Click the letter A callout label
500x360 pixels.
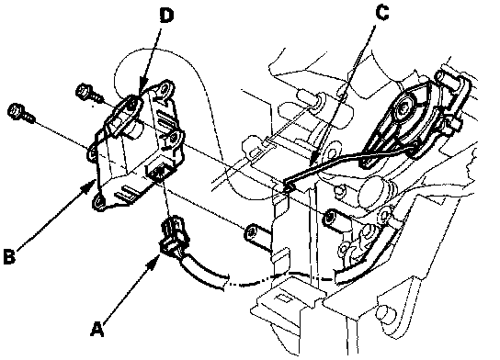pos(97,329)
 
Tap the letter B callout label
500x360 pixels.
pos(9,256)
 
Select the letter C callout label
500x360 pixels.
pos(382,13)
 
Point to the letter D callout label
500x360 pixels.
pos(166,16)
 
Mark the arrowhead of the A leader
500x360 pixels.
pos(154,260)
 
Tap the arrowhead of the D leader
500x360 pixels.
pos(141,90)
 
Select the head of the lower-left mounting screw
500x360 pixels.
pos(15,111)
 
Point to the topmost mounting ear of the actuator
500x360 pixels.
pos(165,88)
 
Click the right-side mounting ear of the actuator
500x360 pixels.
pos(174,139)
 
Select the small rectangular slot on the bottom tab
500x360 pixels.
pos(281,298)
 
